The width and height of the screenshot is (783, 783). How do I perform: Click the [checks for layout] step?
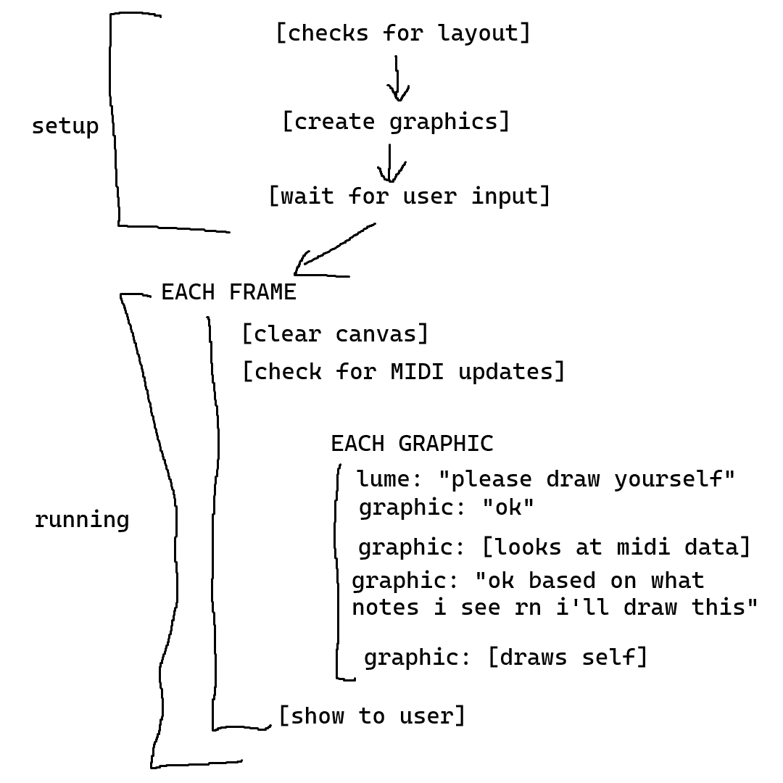(403, 33)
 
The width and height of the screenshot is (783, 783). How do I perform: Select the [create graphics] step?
(396, 122)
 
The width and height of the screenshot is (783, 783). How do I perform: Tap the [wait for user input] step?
(409, 196)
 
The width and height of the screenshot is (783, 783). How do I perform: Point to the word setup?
(65, 126)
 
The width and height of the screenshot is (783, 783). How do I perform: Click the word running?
(82, 520)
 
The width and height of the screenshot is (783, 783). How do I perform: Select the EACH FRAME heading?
(228, 292)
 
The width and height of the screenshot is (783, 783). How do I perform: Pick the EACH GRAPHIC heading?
(412, 444)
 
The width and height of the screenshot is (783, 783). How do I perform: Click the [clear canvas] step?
(335, 334)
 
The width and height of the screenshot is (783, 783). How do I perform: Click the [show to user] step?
(371, 716)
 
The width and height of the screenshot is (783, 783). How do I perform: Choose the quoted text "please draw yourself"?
(587, 480)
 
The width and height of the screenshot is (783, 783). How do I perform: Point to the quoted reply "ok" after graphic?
(507, 507)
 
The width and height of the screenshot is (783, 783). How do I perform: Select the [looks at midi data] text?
(616, 547)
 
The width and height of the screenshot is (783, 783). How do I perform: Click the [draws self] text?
(567, 658)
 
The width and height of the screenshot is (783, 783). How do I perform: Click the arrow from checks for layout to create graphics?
(397, 78)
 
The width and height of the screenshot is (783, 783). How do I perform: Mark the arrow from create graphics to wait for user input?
(390, 164)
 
